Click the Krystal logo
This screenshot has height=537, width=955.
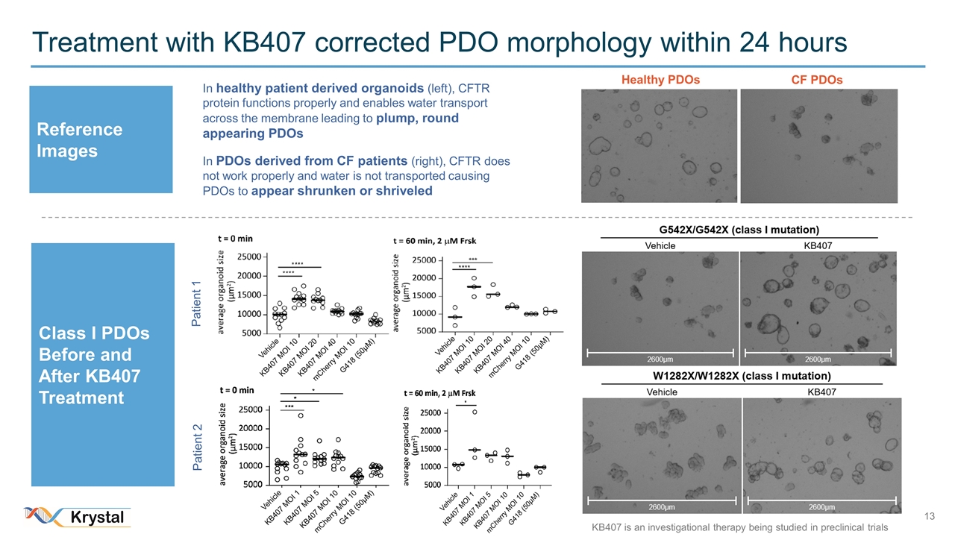78,517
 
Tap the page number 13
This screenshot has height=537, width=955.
929,517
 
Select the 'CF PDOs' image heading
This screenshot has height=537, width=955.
817,80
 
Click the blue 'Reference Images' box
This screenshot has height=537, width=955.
101,139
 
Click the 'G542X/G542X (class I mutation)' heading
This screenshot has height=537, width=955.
739,229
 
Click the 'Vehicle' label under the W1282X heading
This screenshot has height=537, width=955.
662,392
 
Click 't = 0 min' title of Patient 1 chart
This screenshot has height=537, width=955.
235,239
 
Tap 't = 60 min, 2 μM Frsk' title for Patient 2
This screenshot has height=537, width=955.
440,393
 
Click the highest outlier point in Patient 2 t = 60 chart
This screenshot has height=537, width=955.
475,412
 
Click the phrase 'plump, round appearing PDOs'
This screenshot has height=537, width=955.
331,126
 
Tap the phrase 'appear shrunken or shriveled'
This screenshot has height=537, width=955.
342,190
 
